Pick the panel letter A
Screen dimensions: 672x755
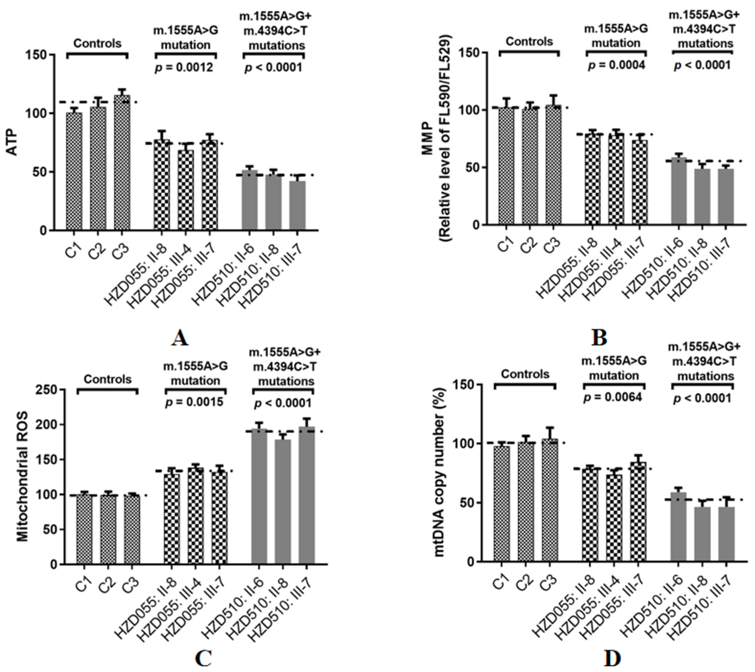click(180, 338)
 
